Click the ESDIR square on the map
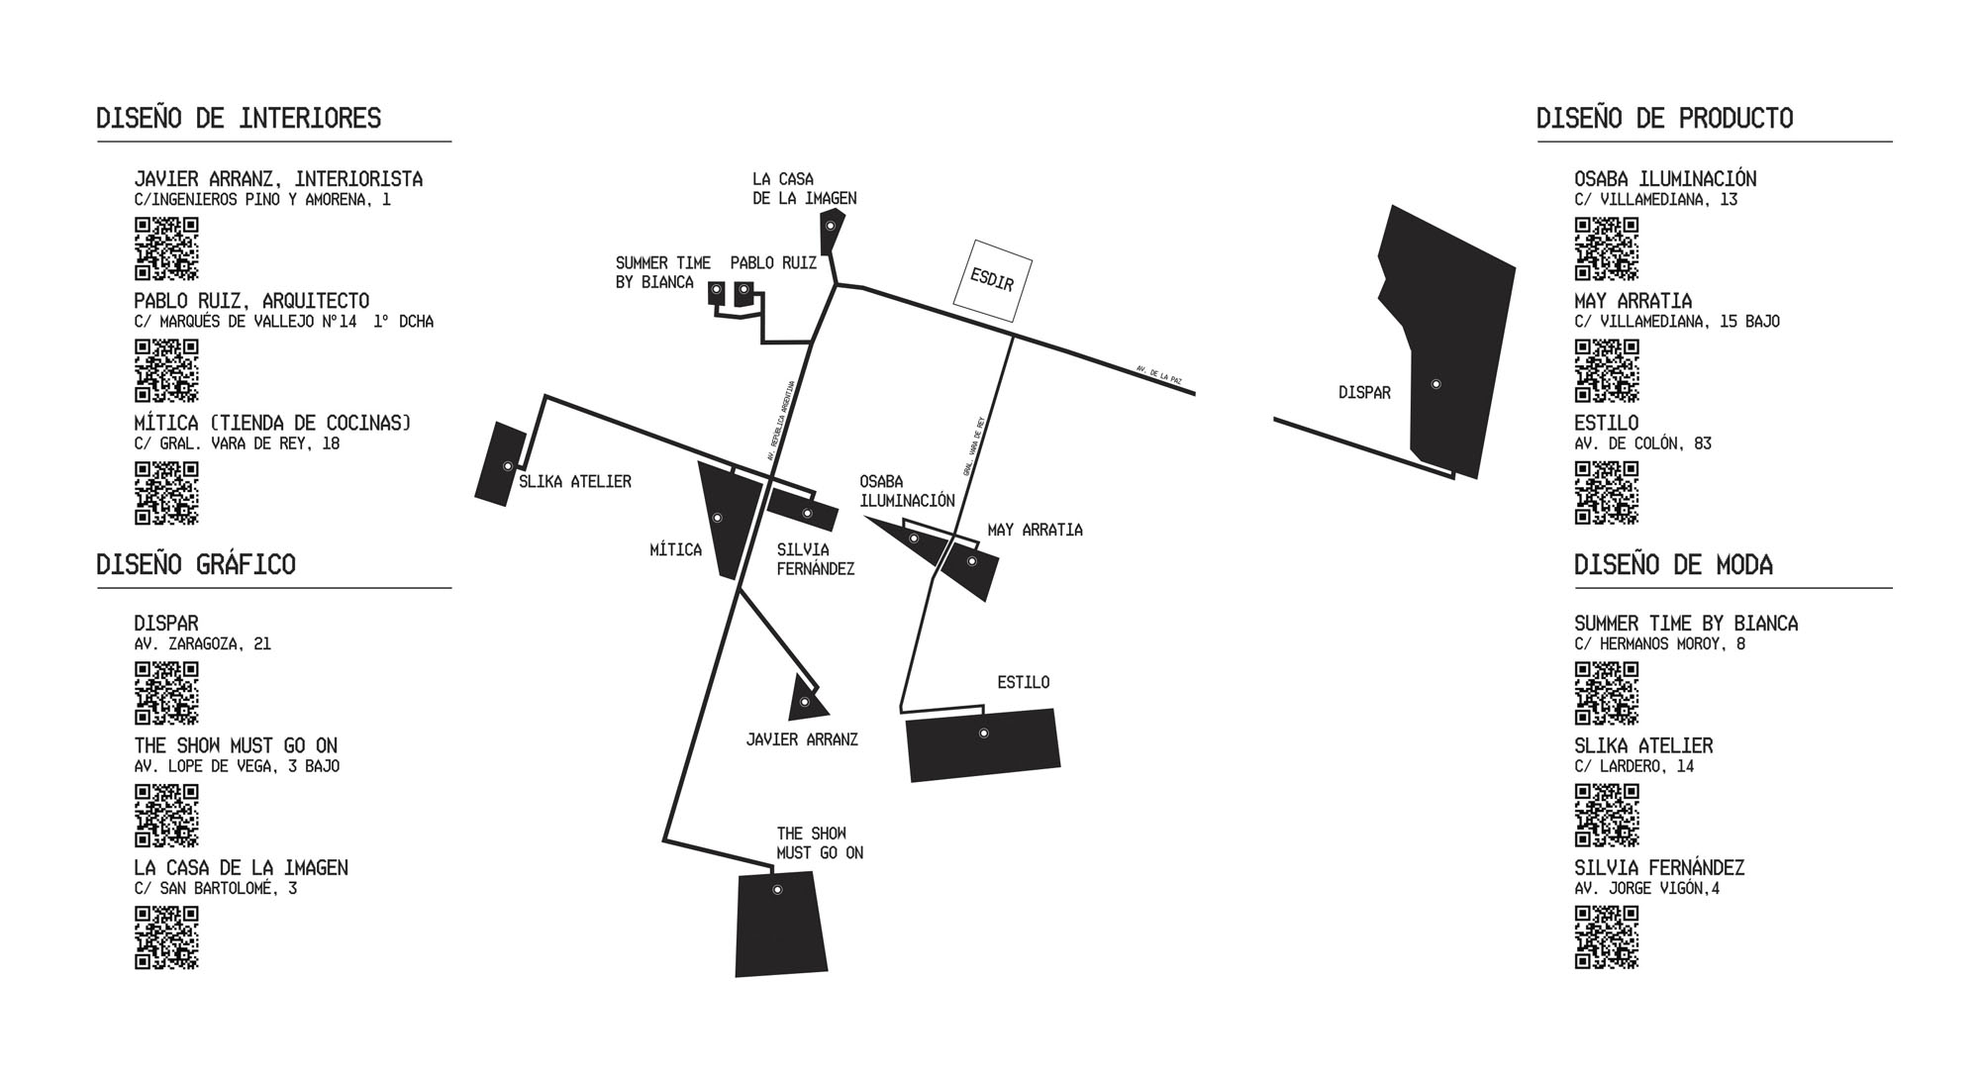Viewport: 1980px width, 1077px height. click(x=992, y=280)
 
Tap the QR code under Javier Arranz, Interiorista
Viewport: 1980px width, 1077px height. click(x=166, y=248)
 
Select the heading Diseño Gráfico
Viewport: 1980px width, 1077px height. click(x=196, y=564)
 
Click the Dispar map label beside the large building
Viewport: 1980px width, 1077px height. click(x=1364, y=393)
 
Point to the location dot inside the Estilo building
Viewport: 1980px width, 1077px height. click(x=983, y=734)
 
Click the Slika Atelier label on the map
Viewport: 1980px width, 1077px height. click(x=574, y=482)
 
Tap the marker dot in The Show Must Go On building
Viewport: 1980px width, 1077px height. click(x=777, y=890)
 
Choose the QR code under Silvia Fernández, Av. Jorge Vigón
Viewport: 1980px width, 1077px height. click(x=1606, y=936)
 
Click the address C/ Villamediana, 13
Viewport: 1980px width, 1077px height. click(x=1655, y=200)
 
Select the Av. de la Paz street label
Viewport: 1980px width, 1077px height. click(x=1159, y=375)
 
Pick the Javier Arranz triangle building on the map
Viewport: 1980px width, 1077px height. click(x=805, y=701)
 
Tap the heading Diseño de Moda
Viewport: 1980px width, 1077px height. click(x=1673, y=564)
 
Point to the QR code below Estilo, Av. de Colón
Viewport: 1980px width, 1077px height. click(x=1606, y=492)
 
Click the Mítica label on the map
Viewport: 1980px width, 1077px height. click(x=675, y=550)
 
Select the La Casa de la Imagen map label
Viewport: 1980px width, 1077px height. click(x=804, y=188)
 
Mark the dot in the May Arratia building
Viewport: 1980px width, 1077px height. click(x=972, y=561)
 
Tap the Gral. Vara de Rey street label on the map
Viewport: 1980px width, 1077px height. click(x=974, y=445)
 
